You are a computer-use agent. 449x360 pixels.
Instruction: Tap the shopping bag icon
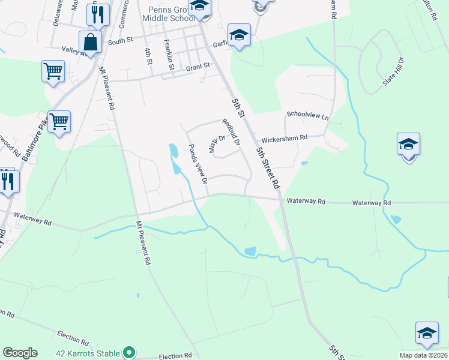pyautogui.click(x=91, y=43)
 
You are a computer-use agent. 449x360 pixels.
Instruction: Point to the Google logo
pyautogui.click(x=20, y=353)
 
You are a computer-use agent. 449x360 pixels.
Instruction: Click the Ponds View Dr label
pyautogui.click(x=198, y=164)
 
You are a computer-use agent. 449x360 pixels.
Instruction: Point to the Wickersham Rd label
pyautogui.click(x=285, y=137)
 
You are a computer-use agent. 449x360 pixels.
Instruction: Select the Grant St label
pyautogui.click(x=198, y=66)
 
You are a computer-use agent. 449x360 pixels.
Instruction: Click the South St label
pyautogui.click(x=119, y=42)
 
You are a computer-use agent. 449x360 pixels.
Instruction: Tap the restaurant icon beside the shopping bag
pyautogui.click(x=98, y=14)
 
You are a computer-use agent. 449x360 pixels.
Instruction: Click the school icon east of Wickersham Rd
pyautogui.click(x=408, y=145)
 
